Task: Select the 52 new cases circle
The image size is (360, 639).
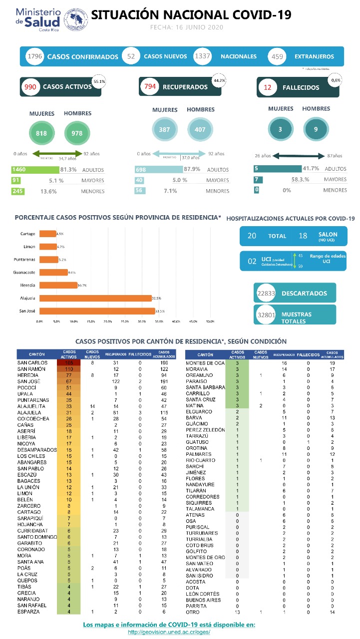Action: [131, 56]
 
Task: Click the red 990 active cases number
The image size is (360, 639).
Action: [30, 87]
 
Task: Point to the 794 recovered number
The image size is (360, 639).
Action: [150, 87]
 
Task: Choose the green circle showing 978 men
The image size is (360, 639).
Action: [77, 133]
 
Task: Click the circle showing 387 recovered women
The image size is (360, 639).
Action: [164, 129]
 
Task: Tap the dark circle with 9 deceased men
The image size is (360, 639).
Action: [316, 129]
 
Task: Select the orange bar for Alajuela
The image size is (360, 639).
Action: [95, 299]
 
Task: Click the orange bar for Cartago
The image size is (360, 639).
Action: [48, 234]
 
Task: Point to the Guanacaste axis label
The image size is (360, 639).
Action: [23, 273]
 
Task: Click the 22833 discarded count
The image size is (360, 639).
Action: [266, 294]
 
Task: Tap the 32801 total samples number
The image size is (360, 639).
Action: [266, 315]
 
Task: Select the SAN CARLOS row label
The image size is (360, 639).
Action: [32, 362]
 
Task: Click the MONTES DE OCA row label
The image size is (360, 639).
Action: [205, 363]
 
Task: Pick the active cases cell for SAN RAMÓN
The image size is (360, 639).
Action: [69, 369]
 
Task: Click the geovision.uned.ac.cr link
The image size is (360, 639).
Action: [169, 632]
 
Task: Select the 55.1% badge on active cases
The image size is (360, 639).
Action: [99, 81]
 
